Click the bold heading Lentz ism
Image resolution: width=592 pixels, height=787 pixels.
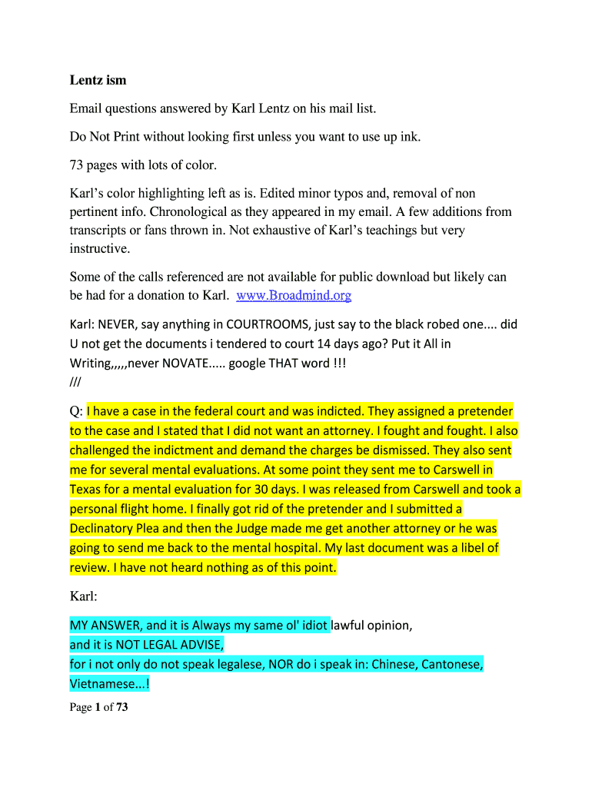(98, 80)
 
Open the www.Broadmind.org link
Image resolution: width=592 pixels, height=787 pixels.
(294, 295)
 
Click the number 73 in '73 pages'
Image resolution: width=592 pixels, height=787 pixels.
(77, 165)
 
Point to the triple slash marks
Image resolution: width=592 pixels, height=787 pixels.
(75, 382)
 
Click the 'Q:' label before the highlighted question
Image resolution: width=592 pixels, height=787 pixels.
(76, 412)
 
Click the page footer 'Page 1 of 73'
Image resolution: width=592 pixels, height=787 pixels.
(98, 707)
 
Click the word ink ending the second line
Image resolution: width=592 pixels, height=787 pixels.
(411, 137)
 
